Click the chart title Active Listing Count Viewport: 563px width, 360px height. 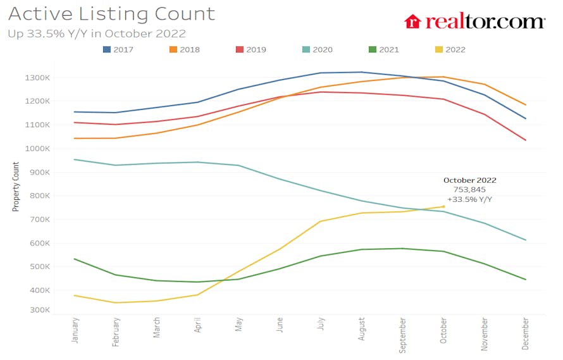[x=111, y=14]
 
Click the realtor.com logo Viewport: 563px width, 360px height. [x=474, y=22]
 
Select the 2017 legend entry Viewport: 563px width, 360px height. [x=118, y=49]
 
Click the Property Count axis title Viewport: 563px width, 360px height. [x=16, y=187]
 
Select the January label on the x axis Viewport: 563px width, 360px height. [x=76, y=330]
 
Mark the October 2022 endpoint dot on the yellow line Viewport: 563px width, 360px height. [x=443, y=206]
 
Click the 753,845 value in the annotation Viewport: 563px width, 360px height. [x=469, y=190]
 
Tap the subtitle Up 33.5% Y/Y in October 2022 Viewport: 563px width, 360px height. [x=97, y=34]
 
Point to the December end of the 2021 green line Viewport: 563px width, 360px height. [x=526, y=280]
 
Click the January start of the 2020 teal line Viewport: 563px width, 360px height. [x=75, y=159]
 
